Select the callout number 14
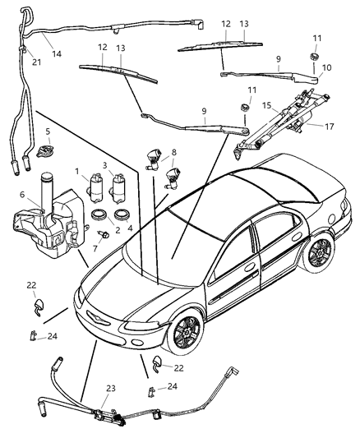click(57, 53)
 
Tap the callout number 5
click(48, 131)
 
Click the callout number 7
click(95, 247)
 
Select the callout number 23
click(109, 389)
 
